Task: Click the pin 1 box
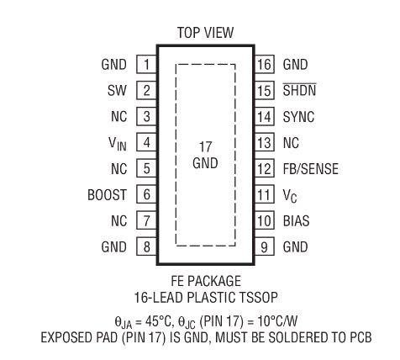(x=146, y=64)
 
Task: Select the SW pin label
(x=117, y=90)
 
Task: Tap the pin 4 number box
(x=146, y=142)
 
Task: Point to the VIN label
(x=118, y=144)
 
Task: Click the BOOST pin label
(x=108, y=195)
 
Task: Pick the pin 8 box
(x=146, y=246)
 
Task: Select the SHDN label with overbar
(x=299, y=90)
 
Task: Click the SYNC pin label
(x=298, y=117)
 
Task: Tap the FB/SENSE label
(x=311, y=169)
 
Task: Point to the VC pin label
(x=290, y=195)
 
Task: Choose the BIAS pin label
(x=296, y=220)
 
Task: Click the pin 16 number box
(x=265, y=64)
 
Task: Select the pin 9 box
(x=265, y=246)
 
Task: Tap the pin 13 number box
(x=265, y=142)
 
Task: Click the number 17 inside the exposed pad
(x=205, y=147)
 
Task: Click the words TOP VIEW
(x=205, y=33)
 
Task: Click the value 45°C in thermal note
(x=158, y=321)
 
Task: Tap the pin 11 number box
(x=265, y=194)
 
